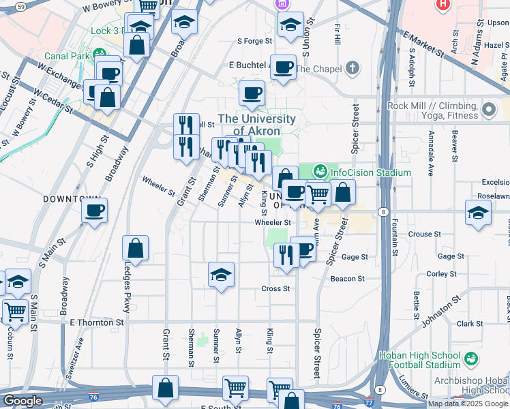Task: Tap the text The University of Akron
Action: tap(256, 125)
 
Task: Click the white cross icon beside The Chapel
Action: tap(351, 68)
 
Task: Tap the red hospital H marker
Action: tap(443, 5)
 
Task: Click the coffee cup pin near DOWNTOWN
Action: tap(95, 210)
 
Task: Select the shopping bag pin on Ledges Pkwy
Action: tap(136, 249)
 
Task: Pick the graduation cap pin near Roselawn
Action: tap(479, 213)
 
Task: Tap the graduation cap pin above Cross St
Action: tap(221, 275)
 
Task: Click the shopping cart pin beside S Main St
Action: tap(15, 312)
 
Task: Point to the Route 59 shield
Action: tap(22, 6)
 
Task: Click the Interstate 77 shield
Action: tap(369, 404)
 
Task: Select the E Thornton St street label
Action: tap(100, 322)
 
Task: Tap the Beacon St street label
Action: tap(348, 279)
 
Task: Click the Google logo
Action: tap(22, 401)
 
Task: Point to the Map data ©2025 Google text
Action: tap(468, 404)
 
